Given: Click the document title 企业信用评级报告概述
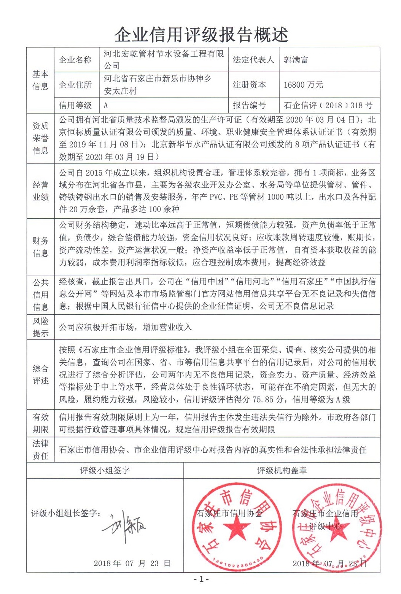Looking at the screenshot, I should coord(201,35).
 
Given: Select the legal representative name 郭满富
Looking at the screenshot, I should coord(296,60).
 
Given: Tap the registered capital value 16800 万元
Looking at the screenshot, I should coord(303,85).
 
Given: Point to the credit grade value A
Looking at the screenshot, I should coord(106,106).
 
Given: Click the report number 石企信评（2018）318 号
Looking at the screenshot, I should coord(328,106).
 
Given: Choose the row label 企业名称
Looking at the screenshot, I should coord(75,60).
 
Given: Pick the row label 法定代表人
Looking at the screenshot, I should coord(253,60).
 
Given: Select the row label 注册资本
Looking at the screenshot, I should coord(249,85).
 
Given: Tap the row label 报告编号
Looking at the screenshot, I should coord(249,106).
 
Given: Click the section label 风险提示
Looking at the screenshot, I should coord(40,327).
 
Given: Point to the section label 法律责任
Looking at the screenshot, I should coord(40,450).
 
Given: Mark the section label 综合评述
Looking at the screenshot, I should coord(40,375).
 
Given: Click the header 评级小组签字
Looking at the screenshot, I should coord(105,471).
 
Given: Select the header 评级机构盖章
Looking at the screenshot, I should coord(282,471).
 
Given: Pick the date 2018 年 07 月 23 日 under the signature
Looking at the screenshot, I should coord(132,563).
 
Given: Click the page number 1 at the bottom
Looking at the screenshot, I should coord(201,580).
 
